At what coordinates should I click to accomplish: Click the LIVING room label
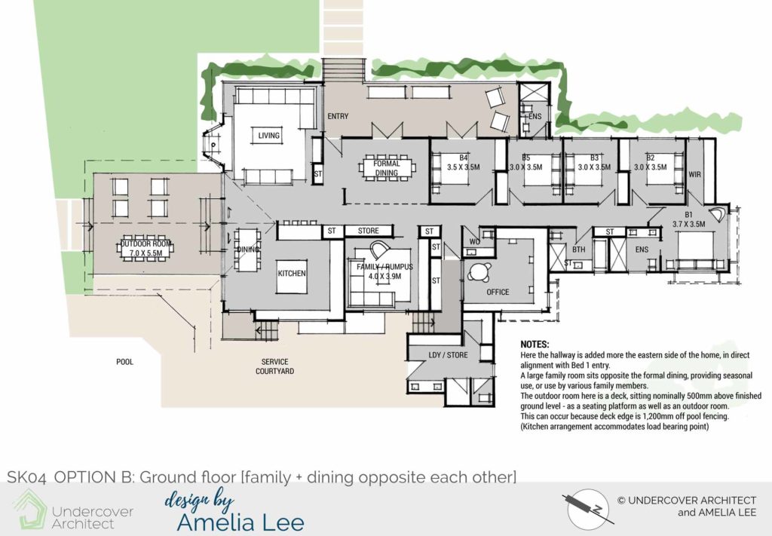pos(269,136)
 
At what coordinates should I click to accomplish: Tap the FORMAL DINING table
pos(387,168)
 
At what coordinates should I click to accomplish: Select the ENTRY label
pos(338,116)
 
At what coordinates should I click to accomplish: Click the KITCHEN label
pos(292,273)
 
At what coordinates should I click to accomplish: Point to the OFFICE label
pos(498,292)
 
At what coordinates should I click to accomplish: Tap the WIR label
pos(694,174)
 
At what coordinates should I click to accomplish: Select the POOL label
pos(124,362)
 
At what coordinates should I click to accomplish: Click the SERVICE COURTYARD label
pos(274,366)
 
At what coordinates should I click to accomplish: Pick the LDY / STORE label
pos(448,355)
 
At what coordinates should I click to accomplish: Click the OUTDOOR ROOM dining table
pos(147,249)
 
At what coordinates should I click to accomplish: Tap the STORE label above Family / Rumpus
pos(368,231)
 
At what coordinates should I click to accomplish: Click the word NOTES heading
pos(535,345)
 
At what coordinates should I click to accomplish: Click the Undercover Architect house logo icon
pos(29,509)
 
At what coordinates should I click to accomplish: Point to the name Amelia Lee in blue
pos(240,522)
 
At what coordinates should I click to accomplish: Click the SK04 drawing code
pos(26,477)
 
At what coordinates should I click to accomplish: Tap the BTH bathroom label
pos(578,250)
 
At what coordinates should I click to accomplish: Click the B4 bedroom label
pos(464,158)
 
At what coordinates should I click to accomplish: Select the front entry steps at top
pos(343,70)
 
